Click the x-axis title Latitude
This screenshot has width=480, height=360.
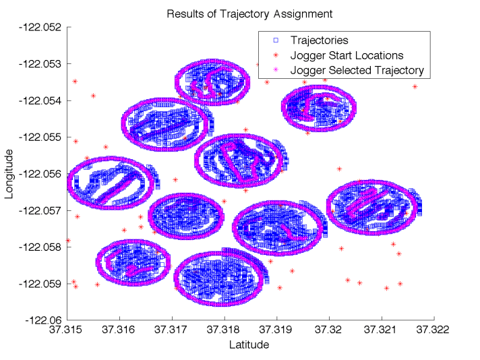(x=249, y=344)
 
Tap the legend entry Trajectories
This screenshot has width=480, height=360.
(x=319, y=41)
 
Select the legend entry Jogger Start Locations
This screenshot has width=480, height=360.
(x=347, y=55)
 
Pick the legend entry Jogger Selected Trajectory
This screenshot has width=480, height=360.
(x=357, y=70)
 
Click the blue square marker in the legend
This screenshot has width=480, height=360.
(x=275, y=41)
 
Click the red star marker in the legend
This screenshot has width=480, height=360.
(x=275, y=55)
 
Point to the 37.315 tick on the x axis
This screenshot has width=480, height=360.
(x=67, y=330)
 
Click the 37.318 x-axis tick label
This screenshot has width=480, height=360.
(x=224, y=330)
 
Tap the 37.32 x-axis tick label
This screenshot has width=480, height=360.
(x=329, y=330)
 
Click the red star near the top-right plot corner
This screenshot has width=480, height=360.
(x=415, y=87)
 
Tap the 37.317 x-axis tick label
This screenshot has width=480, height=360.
(x=172, y=330)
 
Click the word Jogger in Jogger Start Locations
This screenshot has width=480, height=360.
(x=306, y=55)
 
